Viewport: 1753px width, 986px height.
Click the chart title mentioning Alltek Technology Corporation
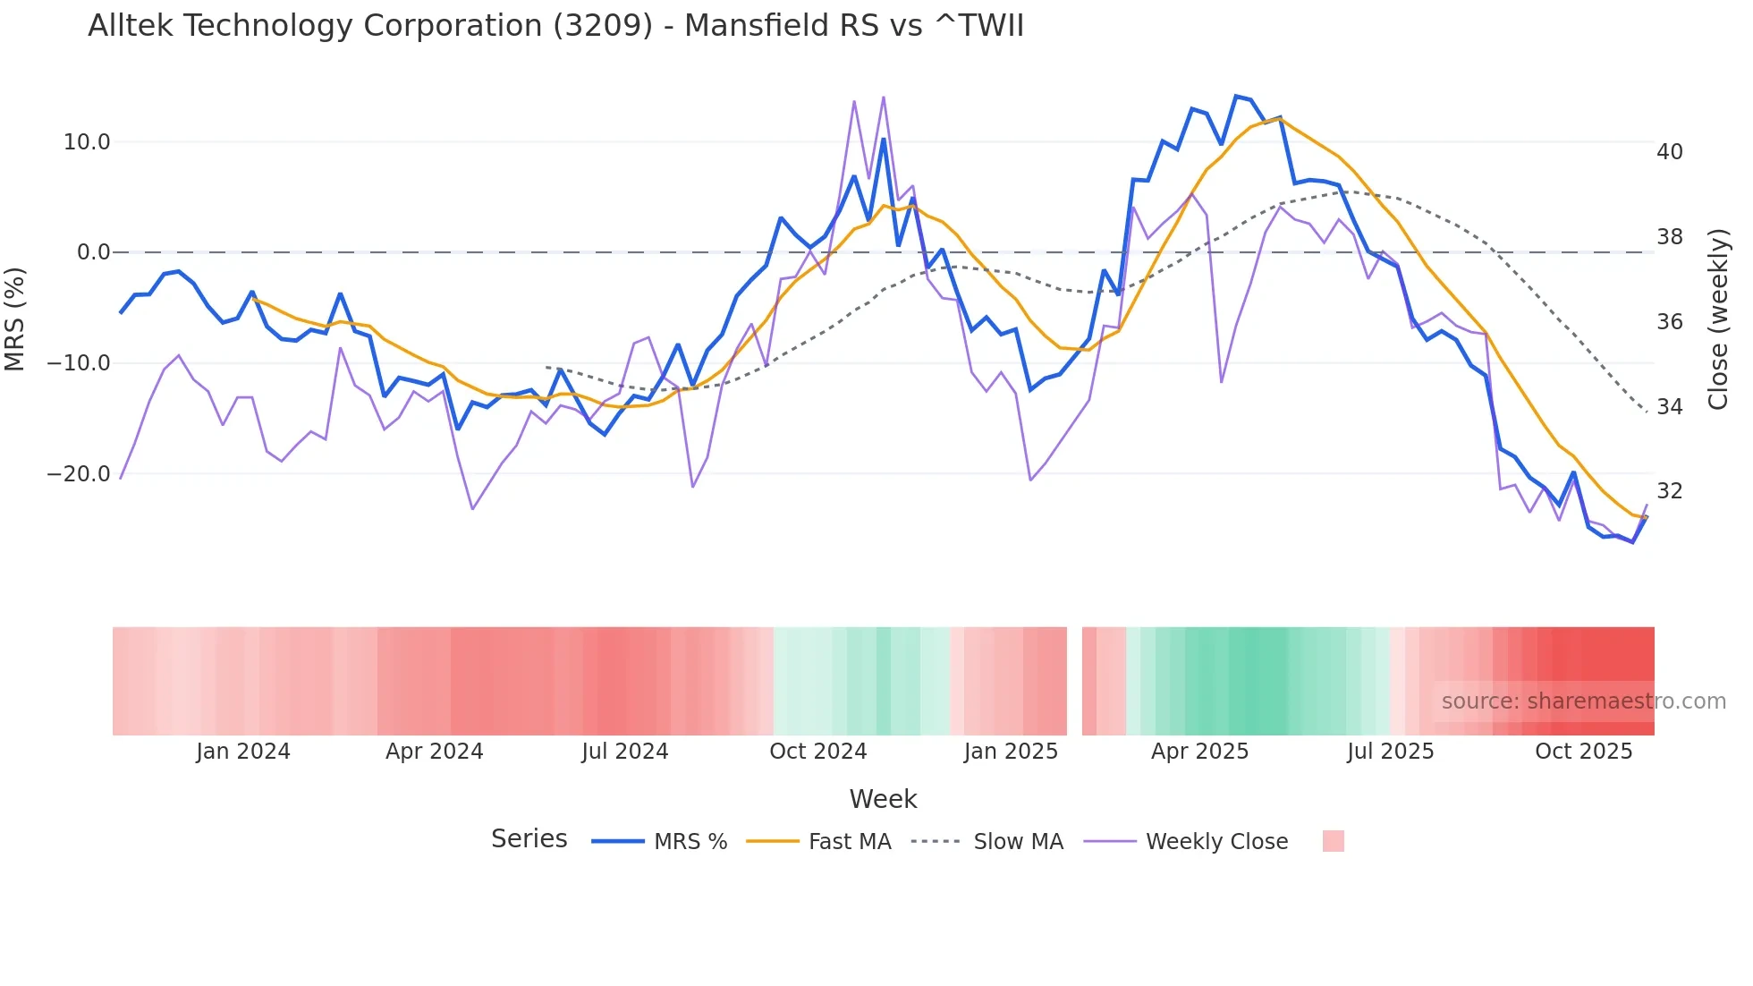[x=555, y=26]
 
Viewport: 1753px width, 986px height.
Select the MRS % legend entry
[x=690, y=842]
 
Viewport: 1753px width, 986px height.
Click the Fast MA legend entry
[x=849, y=842]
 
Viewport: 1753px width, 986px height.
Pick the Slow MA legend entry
[x=1018, y=842]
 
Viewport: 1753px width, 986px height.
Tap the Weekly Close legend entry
[x=1216, y=842]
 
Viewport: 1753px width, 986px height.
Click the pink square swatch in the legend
[x=1333, y=841]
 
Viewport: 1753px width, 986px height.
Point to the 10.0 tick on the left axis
[x=87, y=142]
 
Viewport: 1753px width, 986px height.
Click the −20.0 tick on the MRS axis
[x=79, y=474]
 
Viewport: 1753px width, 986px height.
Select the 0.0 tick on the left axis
[x=94, y=252]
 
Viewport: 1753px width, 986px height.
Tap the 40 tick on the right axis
[x=1669, y=152]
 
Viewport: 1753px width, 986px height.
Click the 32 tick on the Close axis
[x=1669, y=491]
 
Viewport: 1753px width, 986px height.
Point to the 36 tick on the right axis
[x=1669, y=322]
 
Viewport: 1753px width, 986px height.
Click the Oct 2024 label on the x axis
[x=817, y=752]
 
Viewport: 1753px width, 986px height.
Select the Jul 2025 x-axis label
[x=1390, y=752]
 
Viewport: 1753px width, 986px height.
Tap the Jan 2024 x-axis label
[x=243, y=752]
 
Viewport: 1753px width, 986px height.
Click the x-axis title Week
[x=883, y=799]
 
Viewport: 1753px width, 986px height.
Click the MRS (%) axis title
[x=15, y=319]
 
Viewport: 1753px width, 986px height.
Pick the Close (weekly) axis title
[x=1717, y=319]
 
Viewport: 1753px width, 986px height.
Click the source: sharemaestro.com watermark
[x=1583, y=701]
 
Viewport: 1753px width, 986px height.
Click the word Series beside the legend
[x=529, y=839]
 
